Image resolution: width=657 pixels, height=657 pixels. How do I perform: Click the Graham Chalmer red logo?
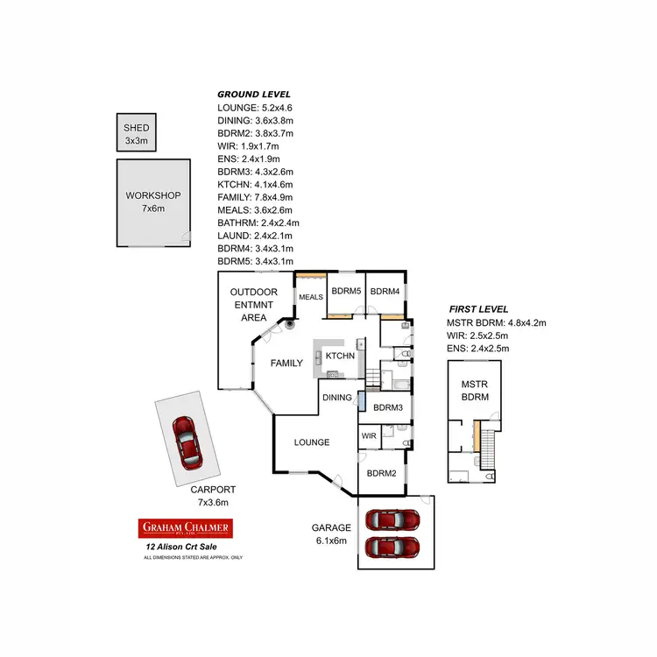click(x=185, y=527)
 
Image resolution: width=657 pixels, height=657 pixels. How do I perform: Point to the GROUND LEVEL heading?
click(x=254, y=94)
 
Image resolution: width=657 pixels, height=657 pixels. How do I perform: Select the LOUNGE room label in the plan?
click(x=310, y=442)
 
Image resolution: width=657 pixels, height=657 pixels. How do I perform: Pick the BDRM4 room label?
click(x=385, y=292)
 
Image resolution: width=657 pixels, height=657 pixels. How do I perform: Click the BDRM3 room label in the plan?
click(x=387, y=407)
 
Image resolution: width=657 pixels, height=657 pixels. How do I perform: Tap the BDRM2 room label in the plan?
click(x=383, y=473)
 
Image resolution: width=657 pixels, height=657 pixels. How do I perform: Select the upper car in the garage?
click(x=392, y=519)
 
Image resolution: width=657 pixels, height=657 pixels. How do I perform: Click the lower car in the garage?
click(x=392, y=548)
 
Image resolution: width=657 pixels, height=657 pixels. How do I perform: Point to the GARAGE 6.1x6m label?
click(x=331, y=533)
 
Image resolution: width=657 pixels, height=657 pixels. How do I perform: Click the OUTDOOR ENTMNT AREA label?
click(x=253, y=304)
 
